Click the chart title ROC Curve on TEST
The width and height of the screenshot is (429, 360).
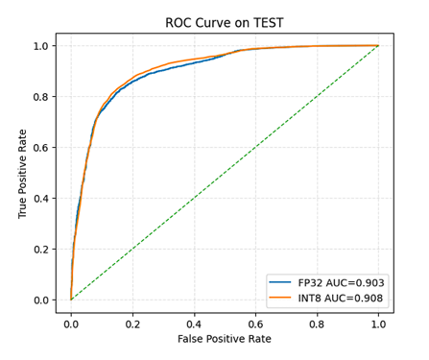pos(224,23)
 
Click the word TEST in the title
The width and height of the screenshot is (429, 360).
pos(268,23)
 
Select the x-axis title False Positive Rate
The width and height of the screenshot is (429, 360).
pos(224,339)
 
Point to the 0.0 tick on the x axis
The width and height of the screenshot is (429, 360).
pos(71,323)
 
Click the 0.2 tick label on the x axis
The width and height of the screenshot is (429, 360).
pos(132,323)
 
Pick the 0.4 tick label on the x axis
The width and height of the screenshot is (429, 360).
pos(194,323)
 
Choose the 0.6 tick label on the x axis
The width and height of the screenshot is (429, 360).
pos(255,323)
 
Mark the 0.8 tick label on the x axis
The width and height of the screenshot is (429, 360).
pos(317,323)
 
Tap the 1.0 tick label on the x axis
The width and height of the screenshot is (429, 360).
pos(378,323)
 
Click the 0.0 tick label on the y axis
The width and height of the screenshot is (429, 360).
pos(42,300)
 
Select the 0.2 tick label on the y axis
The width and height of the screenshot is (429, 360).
pos(42,249)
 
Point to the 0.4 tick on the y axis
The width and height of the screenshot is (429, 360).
pos(42,198)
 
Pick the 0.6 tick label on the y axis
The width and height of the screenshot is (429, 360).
pos(42,147)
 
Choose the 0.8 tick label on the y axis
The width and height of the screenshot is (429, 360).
pos(42,96)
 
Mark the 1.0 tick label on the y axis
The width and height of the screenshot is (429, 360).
pos(42,45)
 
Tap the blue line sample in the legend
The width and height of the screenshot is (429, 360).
pos(281,282)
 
